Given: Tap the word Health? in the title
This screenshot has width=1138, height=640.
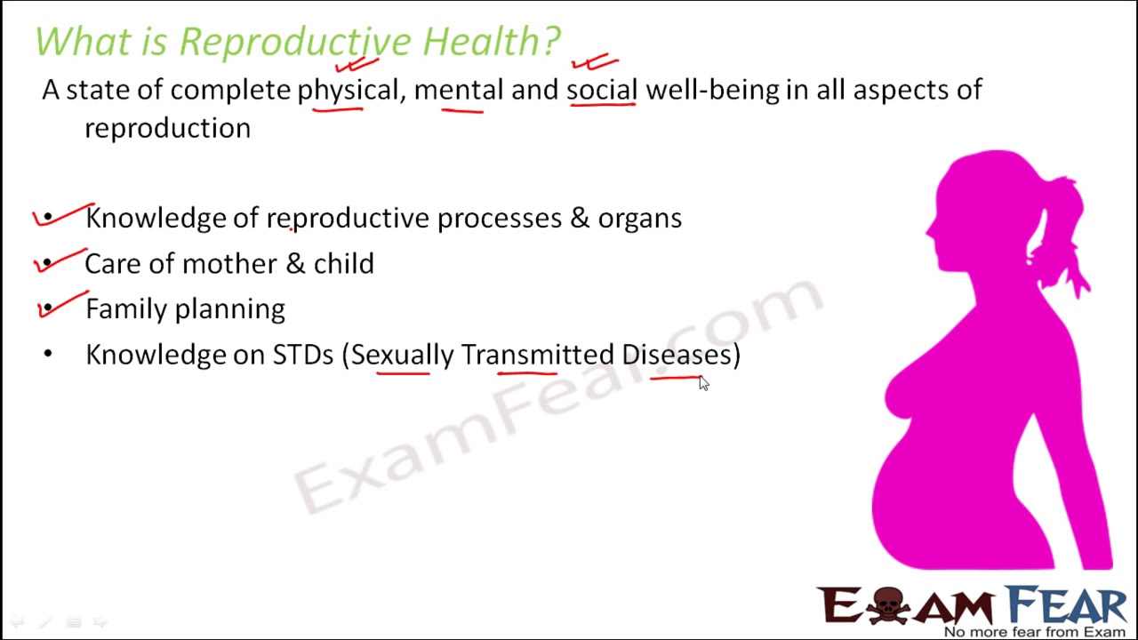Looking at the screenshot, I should pyautogui.click(x=491, y=42).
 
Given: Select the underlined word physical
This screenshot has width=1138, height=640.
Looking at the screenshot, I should pyautogui.click(x=348, y=90).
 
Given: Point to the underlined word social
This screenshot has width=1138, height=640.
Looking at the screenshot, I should pyautogui.click(x=602, y=90).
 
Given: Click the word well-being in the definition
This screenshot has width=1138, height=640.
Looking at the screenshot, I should pyautogui.click(x=711, y=90).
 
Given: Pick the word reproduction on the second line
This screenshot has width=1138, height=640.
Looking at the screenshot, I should pyautogui.click(x=167, y=128).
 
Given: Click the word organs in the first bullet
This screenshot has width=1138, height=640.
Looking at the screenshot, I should pyautogui.click(x=639, y=219).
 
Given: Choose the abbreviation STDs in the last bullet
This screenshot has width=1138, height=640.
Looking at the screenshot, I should pyautogui.click(x=302, y=355).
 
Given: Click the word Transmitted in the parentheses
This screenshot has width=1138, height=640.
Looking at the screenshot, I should pyautogui.click(x=536, y=355).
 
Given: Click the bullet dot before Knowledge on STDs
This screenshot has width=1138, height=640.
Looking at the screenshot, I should pyautogui.click(x=48, y=354).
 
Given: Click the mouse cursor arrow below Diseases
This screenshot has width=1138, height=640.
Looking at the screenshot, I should pyautogui.click(x=703, y=383).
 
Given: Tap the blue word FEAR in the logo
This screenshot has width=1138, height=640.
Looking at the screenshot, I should pyautogui.click(x=1067, y=605).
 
